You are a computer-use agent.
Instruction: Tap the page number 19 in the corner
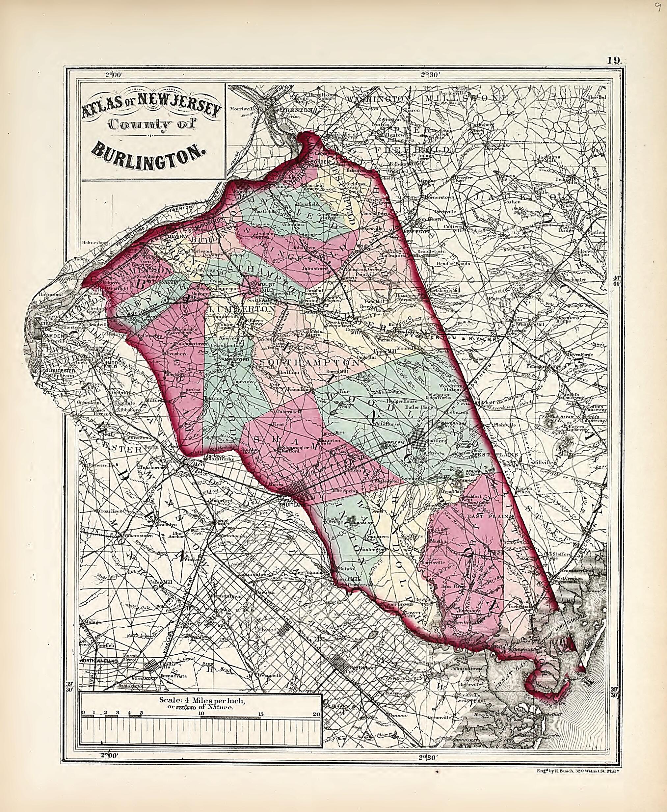pos(614,60)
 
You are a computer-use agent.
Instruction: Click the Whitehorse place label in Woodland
pos(387,424)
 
